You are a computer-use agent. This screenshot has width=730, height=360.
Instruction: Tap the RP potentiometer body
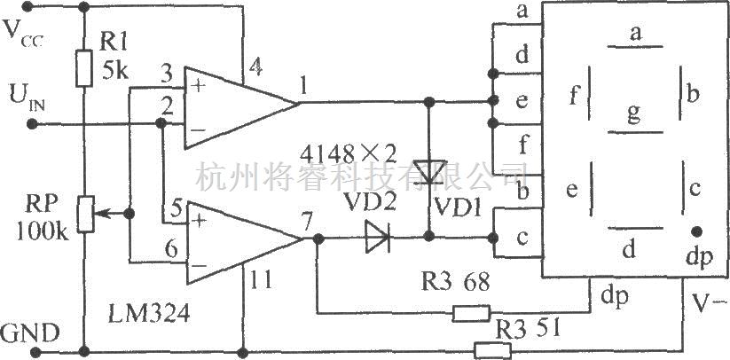86,214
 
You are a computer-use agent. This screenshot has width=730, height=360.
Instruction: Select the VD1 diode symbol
429,172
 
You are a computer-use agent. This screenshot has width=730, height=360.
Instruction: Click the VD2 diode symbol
377,238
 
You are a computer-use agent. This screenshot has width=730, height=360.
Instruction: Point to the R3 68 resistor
471,313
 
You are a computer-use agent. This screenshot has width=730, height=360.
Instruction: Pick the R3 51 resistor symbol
492,350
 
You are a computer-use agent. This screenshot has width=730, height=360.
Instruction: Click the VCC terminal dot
27,6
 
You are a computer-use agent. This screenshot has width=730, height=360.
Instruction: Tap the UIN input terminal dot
32,124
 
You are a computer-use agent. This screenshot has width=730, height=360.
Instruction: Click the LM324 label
148,314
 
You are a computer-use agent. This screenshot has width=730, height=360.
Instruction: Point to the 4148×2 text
349,153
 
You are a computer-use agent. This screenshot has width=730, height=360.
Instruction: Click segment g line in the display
634,132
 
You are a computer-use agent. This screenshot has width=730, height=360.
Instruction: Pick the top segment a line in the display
634,46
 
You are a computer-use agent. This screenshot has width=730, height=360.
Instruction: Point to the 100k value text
43,231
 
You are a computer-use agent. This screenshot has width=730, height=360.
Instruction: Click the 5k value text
114,72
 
